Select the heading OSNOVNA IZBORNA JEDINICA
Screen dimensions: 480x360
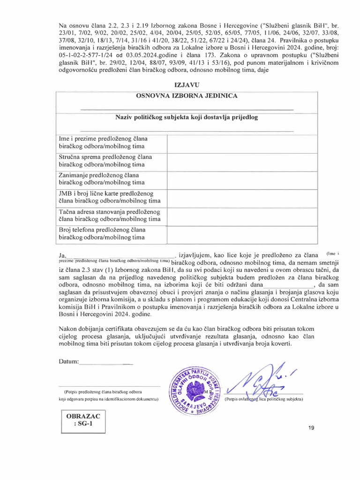click(187, 96)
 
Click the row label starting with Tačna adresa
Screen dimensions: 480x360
click(109, 215)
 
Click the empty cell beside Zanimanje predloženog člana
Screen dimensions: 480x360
click(242, 179)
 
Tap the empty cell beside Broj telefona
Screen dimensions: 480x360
click(242, 233)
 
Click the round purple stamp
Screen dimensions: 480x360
click(196, 389)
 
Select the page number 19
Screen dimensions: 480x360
click(312, 428)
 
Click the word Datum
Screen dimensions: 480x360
click(69, 361)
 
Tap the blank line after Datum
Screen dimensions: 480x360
click(106, 362)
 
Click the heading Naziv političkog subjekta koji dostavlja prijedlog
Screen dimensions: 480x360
click(187, 117)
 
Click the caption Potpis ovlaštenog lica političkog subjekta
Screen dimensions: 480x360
click(264, 399)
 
